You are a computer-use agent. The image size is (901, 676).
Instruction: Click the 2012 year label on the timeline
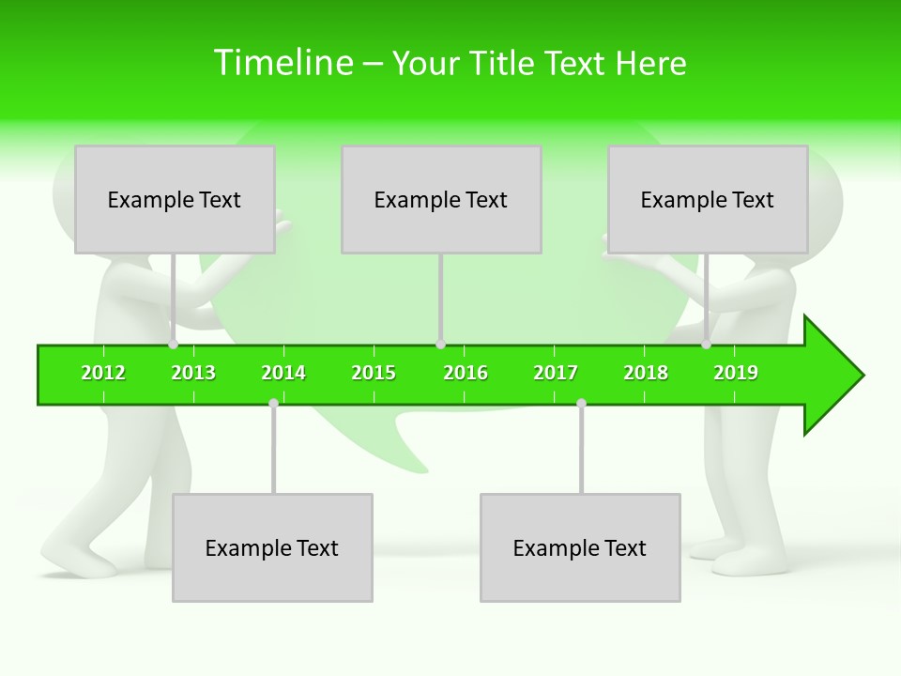(103, 373)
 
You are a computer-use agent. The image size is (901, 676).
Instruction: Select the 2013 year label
(193, 373)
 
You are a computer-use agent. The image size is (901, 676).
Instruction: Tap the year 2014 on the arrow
(283, 373)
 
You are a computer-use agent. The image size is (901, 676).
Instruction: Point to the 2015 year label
(374, 373)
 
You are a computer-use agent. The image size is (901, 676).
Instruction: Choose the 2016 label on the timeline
(466, 373)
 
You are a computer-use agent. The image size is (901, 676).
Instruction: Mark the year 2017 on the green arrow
(556, 373)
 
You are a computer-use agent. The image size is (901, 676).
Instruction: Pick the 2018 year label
(646, 373)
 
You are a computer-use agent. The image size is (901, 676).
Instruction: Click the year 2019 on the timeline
(736, 373)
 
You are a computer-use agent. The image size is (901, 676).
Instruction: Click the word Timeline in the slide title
(283, 63)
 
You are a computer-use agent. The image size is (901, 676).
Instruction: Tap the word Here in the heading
(650, 63)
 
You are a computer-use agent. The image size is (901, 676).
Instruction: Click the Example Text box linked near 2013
(175, 199)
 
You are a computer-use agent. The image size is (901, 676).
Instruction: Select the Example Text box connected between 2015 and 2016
(441, 199)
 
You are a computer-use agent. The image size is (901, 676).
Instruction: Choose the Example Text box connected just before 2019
(708, 199)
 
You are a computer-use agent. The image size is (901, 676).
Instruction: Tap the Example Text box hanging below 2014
(272, 547)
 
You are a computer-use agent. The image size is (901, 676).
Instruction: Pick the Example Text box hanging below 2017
(580, 547)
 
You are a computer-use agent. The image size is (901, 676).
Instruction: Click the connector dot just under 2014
(273, 403)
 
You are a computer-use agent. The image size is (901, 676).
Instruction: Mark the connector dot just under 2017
(581, 403)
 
